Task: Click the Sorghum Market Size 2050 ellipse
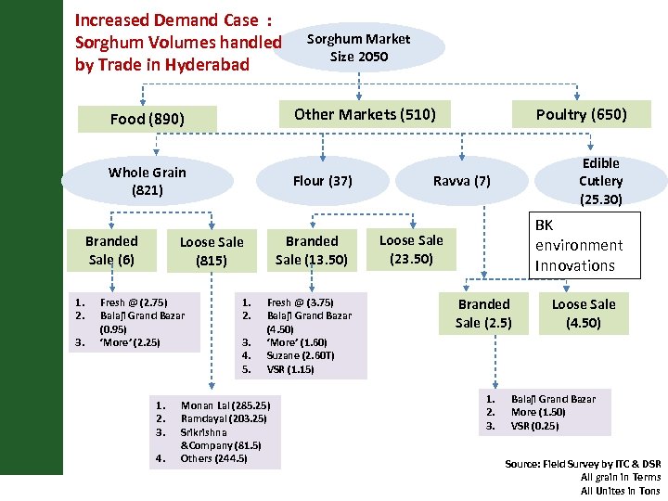[358, 47]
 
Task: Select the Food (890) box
[148, 119]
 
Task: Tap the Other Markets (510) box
[365, 114]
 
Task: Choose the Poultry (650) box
[581, 114]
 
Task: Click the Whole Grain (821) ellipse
[148, 181]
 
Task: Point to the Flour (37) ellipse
[322, 181]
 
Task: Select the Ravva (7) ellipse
[461, 181]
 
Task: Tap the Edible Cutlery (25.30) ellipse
[600, 181]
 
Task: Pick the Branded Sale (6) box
[111, 250]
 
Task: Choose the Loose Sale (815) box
[212, 250]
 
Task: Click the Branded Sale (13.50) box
[312, 250]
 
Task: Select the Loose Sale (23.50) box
[411, 249]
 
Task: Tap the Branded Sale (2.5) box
[483, 313]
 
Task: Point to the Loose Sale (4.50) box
[577, 313]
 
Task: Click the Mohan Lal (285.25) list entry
[225, 405]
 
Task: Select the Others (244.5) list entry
[213, 458]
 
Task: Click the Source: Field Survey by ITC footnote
[583, 463]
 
